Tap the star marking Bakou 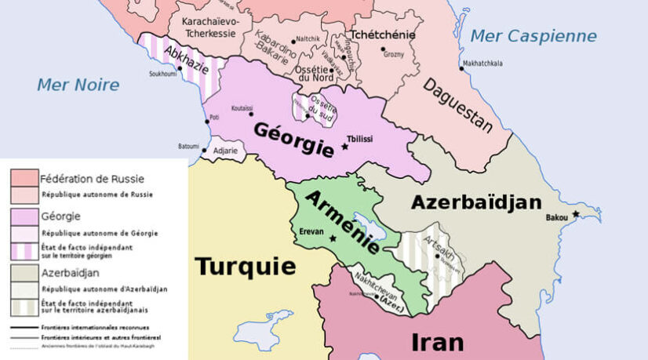point(576,214)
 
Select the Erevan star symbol point(333,238)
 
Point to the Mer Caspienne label point(533,36)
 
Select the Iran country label point(437,342)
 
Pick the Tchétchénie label point(382,35)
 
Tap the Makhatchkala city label point(482,63)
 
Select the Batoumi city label point(188,146)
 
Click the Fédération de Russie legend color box point(24,177)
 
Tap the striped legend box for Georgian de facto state point(24,250)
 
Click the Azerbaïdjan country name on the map point(476,202)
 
